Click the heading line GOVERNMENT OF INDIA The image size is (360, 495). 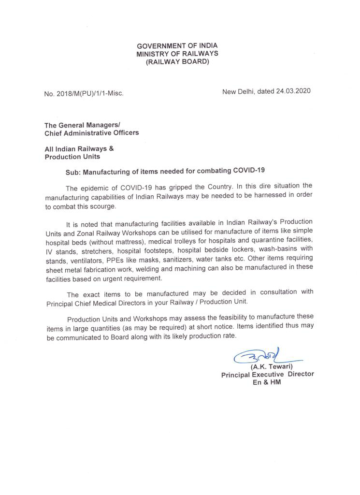tap(177, 45)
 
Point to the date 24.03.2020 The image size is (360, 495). tap(293, 91)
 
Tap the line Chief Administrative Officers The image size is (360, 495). tap(92, 132)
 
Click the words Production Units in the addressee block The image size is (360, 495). tap(72, 157)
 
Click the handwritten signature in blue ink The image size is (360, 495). tap(259, 357)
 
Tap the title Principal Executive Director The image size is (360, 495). tap(267, 375)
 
